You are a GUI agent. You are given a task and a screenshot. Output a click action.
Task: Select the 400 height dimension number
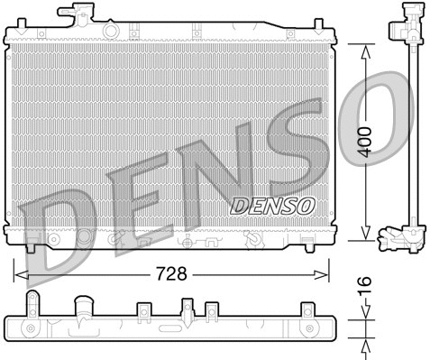364,143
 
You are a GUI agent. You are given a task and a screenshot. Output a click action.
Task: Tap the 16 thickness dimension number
364,290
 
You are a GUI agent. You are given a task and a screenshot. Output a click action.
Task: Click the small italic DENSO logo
272,206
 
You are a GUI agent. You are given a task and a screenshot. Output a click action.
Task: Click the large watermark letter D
56,236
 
